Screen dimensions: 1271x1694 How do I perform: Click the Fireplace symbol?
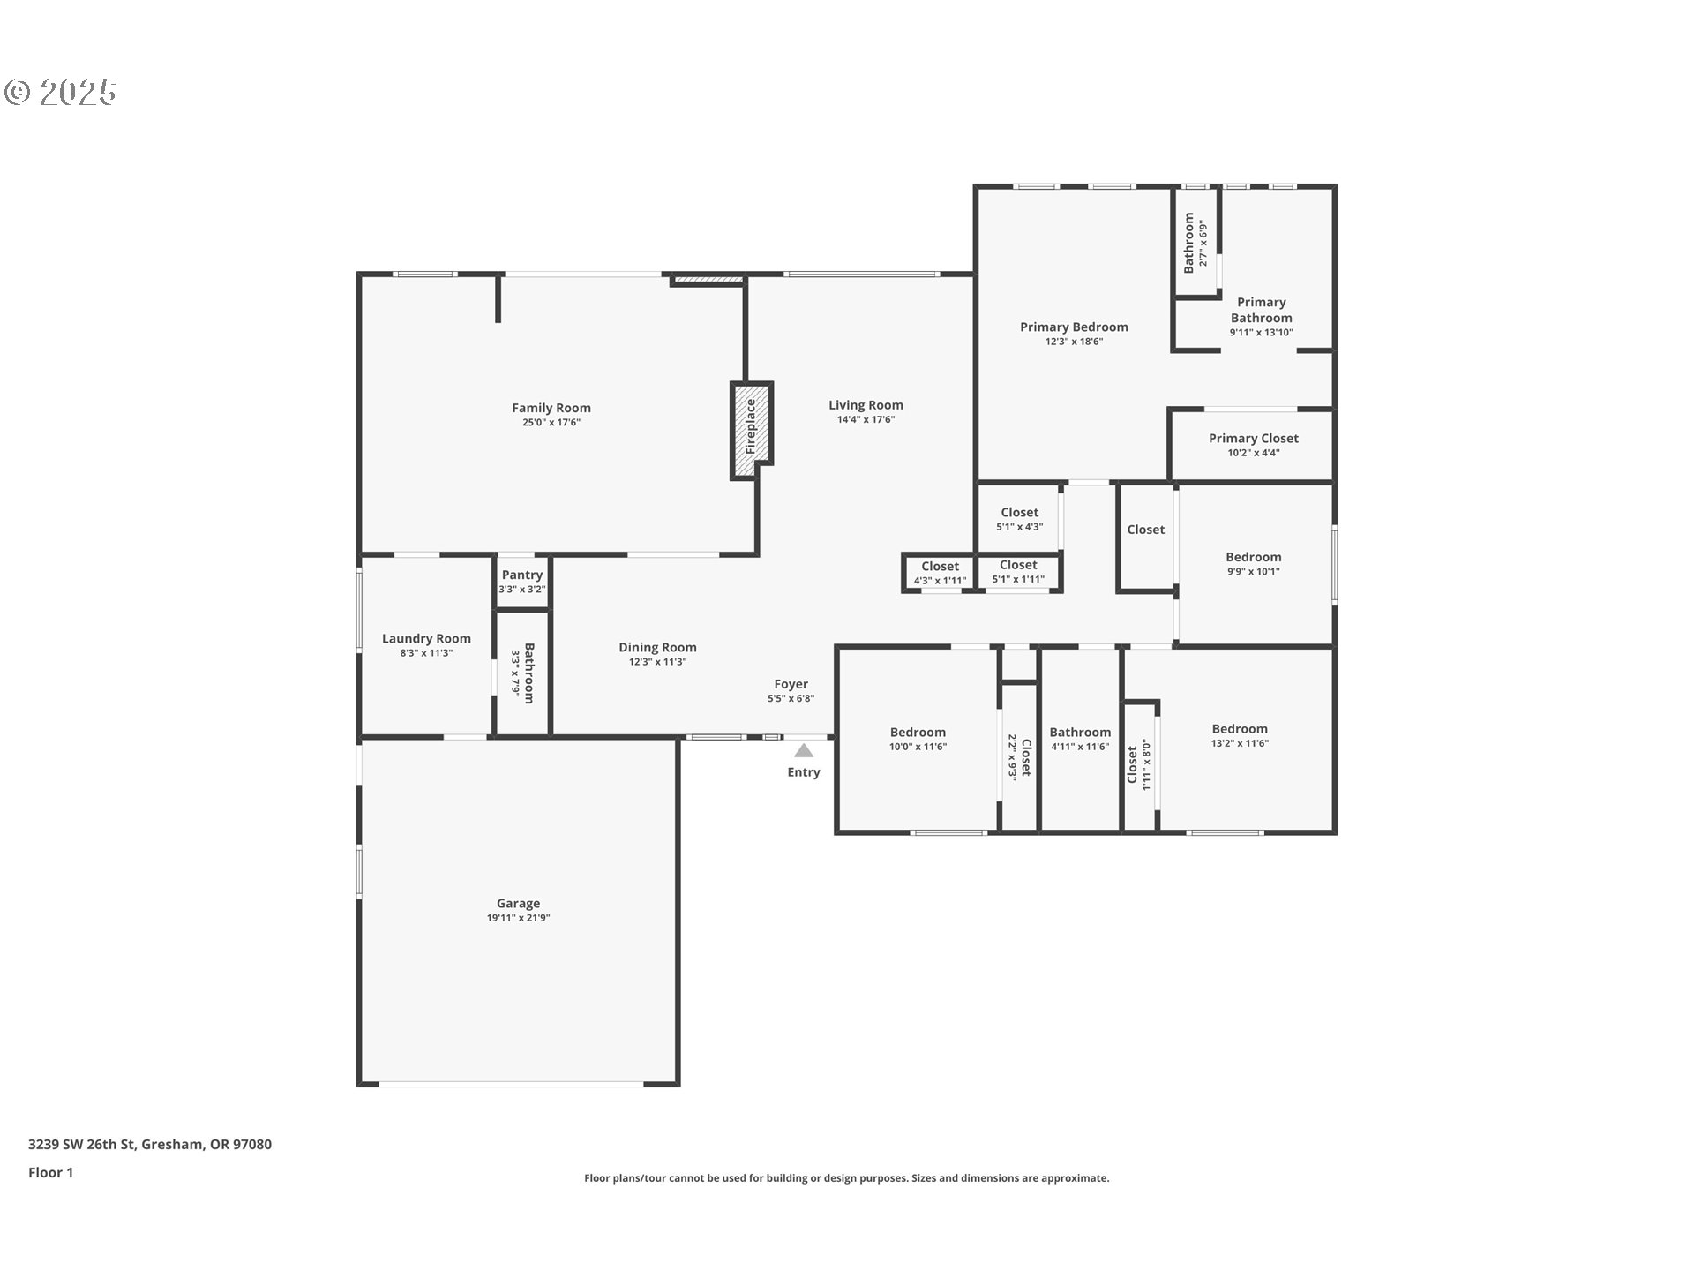click(751, 430)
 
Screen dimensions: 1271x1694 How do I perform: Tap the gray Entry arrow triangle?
click(803, 751)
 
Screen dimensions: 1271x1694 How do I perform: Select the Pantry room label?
click(521, 575)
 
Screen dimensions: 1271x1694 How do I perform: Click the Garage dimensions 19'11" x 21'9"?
click(518, 918)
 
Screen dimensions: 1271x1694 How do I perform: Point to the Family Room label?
click(551, 408)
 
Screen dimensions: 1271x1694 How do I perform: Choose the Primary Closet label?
click(1253, 438)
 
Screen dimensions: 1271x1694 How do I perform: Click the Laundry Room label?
click(426, 638)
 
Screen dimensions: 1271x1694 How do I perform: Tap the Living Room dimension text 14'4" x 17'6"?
click(866, 420)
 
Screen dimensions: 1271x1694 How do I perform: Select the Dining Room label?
click(657, 647)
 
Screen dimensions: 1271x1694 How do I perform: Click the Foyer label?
click(791, 684)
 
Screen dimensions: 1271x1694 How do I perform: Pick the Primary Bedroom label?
click(1074, 327)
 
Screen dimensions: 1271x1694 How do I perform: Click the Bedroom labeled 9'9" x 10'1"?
click(1253, 557)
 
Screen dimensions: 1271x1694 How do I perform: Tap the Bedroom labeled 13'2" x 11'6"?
click(1240, 729)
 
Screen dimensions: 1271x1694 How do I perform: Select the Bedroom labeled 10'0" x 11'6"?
click(918, 732)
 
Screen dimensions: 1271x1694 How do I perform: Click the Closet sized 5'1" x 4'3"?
click(1019, 512)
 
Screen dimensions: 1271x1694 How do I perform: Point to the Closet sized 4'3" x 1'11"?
click(940, 567)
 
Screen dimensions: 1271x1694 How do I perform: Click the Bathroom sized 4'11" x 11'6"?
click(1080, 732)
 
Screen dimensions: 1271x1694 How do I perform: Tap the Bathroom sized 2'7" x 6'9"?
click(1189, 242)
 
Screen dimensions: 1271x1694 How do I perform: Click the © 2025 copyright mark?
click(61, 93)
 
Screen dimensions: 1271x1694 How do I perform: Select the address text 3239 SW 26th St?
click(81, 1144)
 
